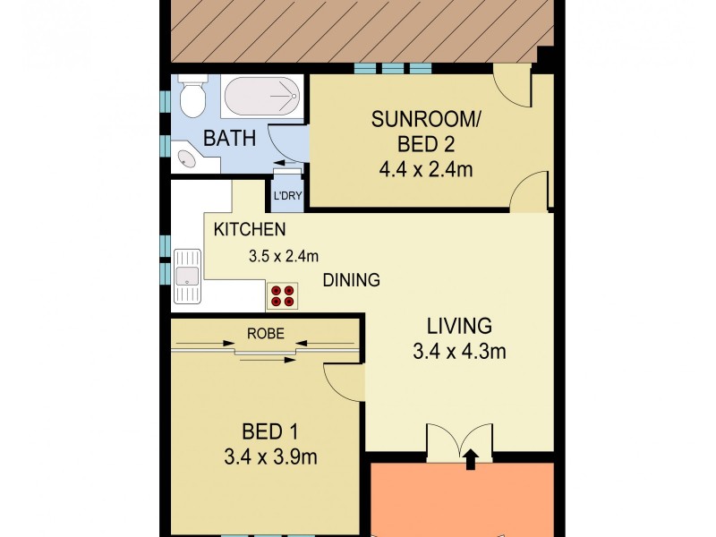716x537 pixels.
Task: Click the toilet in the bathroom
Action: [191, 97]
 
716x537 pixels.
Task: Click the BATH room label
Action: [230, 139]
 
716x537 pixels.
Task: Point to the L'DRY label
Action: [286, 195]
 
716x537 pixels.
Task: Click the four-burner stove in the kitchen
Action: [283, 296]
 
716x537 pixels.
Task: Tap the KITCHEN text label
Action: [250, 230]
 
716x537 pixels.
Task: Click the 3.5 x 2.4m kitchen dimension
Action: [283, 256]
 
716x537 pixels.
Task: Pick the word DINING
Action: [352, 280]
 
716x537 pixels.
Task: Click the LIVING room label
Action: [459, 325]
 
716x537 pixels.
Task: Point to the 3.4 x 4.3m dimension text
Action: [459, 352]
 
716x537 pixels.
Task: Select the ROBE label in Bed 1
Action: [266, 334]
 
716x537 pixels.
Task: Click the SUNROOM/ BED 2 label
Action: [425, 132]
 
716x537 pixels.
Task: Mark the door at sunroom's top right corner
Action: [516, 88]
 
